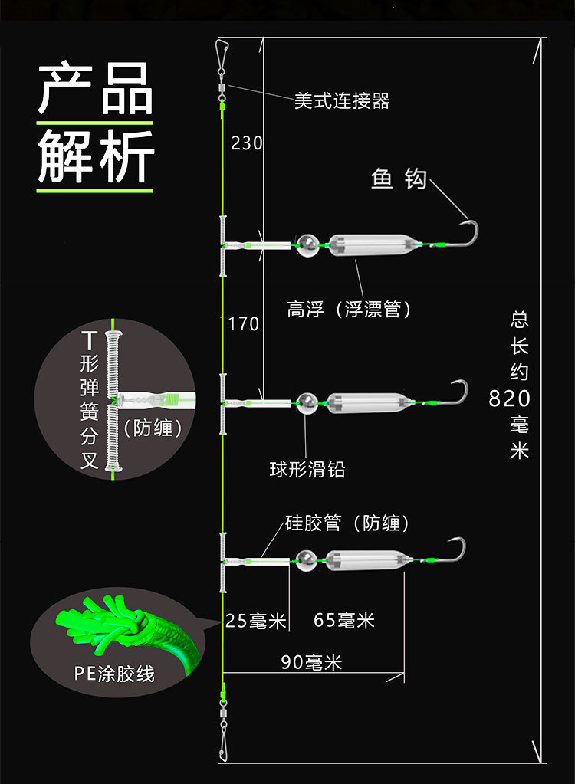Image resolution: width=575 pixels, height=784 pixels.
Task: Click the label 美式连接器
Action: pyautogui.click(x=342, y=101)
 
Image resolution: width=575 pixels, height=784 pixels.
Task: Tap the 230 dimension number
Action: pyautogui.click(x=246, y=143)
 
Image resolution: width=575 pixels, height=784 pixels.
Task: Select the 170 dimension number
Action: pyautogui.click(x=244, y=324)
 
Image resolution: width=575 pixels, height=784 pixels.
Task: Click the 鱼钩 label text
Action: pyautogui.click(x=399, y=179)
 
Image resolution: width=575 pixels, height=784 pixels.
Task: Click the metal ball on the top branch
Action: pyautogui.click(x=309, y=245)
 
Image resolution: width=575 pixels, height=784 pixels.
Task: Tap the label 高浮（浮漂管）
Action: pyautogui.click(x=350, y=309)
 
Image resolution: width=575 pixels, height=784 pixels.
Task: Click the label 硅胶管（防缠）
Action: pyautogui.click(x=347, y=523)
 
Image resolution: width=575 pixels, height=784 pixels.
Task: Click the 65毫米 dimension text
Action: pyautogui.click(x=344, y=620)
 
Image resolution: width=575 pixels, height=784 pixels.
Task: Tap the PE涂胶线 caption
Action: pyautogui.click(x=114, y=674)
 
